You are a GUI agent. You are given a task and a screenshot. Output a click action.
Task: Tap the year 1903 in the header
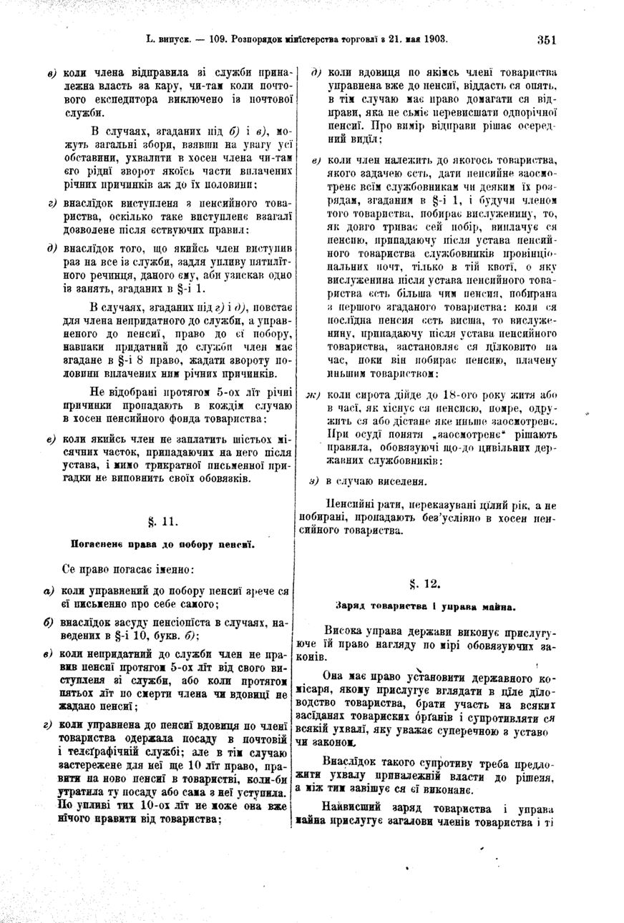pyautogui.click(x=434, y=39)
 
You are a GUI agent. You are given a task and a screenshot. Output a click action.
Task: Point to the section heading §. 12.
pyautogui.click(x=425, y=584)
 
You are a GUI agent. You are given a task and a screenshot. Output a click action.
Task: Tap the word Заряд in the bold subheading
pyautogui.click(x=352, y=606)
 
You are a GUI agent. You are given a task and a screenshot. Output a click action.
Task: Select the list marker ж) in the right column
pyautogui.click(x=313, y=395)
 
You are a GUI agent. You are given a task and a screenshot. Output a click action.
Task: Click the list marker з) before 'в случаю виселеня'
pyautogui.click(x=313, y=480)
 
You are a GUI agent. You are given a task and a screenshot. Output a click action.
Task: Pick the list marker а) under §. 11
pyautogui.click(x=49, y=592)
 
